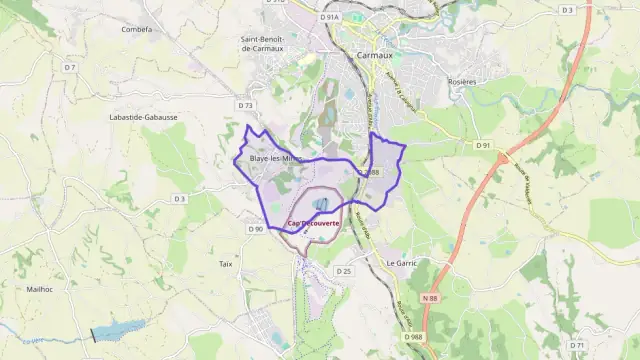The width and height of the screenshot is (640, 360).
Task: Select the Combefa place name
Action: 136,30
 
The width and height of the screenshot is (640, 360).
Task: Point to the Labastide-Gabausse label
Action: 143,117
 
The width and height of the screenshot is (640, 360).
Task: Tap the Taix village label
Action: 226,264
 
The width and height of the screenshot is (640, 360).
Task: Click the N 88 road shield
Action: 430,298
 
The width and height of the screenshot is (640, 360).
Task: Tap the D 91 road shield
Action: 484,146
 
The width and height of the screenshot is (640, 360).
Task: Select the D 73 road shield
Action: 247,104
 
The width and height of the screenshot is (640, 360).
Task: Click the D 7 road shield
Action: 69,67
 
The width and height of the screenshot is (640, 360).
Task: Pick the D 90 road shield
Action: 255,229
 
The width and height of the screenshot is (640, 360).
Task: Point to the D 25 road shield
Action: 344,271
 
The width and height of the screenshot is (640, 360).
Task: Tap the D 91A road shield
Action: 330,17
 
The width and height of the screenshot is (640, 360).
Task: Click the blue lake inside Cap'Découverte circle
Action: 319,205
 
